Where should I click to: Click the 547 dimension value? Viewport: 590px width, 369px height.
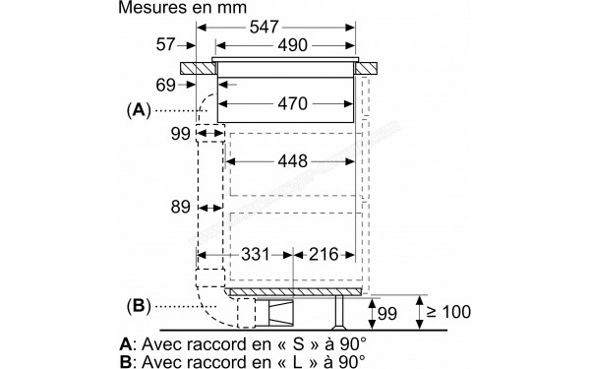[x=264, y=28]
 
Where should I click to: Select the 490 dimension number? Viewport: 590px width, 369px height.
[x=292, y=45]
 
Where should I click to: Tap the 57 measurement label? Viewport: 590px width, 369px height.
[x=165, y=45]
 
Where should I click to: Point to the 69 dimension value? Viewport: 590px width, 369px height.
[x=165, y=85]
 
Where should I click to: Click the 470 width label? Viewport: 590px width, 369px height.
[x=292, y=103]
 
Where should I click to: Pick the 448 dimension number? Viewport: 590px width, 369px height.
[x=292, y=161]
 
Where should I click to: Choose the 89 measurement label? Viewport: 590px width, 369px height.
[x=181, y=208]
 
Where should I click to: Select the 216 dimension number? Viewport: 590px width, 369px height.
[x=324, y=255]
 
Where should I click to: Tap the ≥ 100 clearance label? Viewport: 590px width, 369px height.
[x=448, y=312]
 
